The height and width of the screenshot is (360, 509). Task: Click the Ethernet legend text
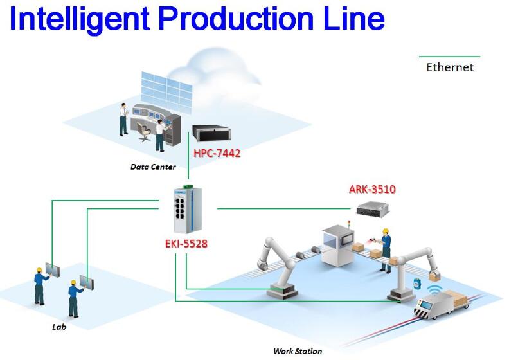449,67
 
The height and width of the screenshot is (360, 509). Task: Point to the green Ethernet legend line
449,57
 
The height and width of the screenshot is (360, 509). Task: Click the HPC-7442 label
217,153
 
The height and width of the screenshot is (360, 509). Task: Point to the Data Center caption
153,166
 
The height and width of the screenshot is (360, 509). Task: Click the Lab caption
59,327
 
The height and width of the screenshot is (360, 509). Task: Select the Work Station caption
298,351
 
